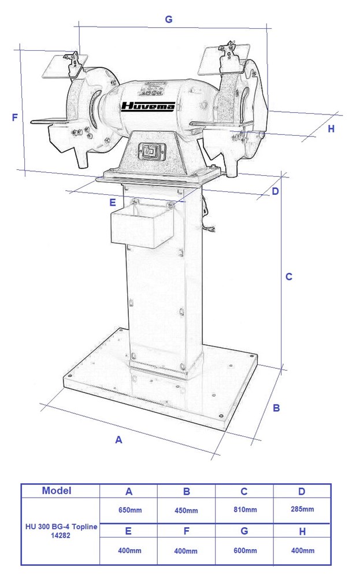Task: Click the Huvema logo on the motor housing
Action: point(148,106)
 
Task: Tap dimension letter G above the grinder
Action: point(168,19)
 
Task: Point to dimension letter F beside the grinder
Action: point(15,117)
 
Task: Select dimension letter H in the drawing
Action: point(331,129)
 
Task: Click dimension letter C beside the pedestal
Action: point(289,276)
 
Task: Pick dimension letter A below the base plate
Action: point(118,440)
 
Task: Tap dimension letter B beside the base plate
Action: point(276,408)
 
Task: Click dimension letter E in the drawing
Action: point(113,202)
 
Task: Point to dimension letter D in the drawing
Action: point(275,191)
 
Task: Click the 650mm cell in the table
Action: point(130,510)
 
